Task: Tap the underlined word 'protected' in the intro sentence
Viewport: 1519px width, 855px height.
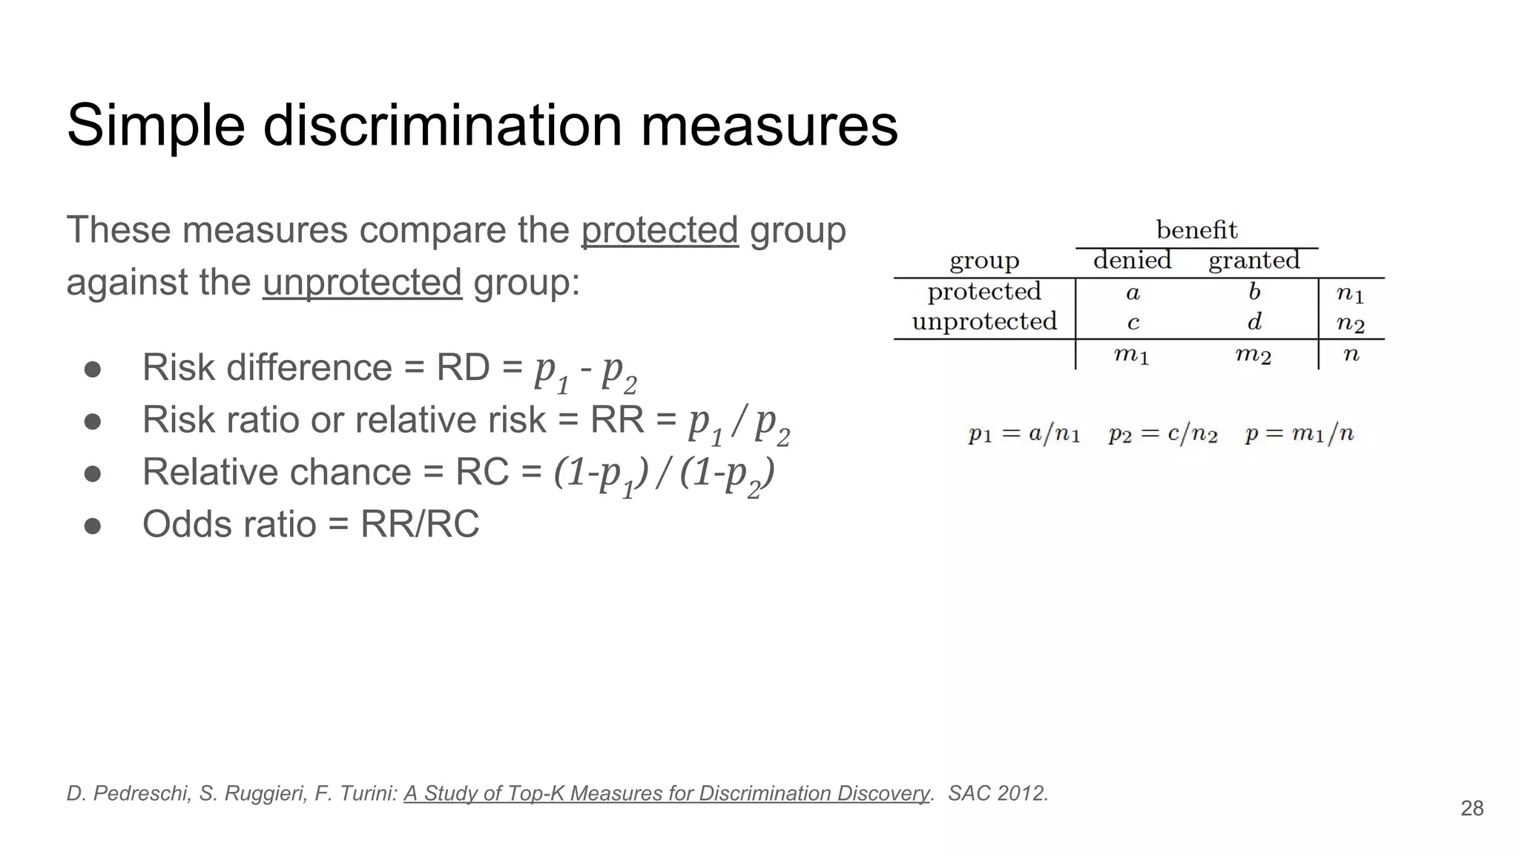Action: [x=659, y=229]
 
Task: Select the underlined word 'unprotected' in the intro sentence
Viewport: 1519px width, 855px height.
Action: [x=362, y=282]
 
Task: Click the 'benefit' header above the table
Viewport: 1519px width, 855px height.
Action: [x=1196, y=230]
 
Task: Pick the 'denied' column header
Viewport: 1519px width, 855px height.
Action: [x=1132, y=261]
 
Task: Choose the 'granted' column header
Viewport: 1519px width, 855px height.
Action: [x=1253, y=261]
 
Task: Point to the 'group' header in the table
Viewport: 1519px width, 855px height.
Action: [x=984, y=261]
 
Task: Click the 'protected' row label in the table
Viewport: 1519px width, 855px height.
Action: [x=984, y=292]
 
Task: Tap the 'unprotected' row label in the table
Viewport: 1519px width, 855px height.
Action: [x=984, y=321]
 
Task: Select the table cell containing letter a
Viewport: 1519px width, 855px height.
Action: [x=1133, y=293]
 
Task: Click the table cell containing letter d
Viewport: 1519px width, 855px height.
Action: [x=1254, y=322]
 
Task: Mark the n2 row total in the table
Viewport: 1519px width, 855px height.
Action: [x=1350, y=324]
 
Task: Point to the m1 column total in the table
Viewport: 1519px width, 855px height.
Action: [x=1131, y=356]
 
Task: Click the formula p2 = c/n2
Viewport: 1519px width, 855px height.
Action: [x=1163, y=434]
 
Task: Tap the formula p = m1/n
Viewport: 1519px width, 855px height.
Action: [x=1299, y=434]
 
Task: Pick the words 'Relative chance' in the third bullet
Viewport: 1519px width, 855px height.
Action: [x=277, y=472]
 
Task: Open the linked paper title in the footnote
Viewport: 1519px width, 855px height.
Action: [x=666, y=793]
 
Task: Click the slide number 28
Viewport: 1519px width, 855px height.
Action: [x=1472, y=808]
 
